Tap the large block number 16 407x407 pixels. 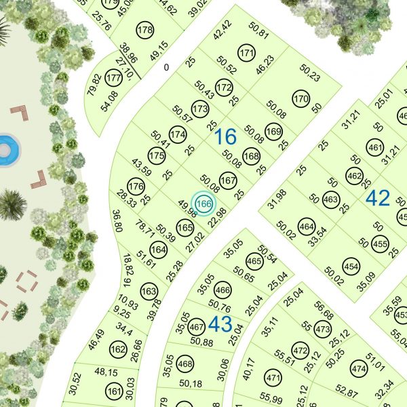pyautogui.click(x=225, y=137)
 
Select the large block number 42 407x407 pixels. pyautogui.click(x=378, y=198)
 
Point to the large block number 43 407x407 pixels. pyautogui.click(x=220, y=324)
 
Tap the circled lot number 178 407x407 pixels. pyautogui.click(x=144, y=31)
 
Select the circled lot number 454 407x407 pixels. pyautogui.click(x=351, y=266)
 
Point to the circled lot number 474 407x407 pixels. pyautogui.click(x=358, y=369)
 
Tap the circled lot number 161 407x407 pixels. pyautogui.click(x=113, y=391)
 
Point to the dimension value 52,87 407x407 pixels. pyautogui.click(x=347, y=393)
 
